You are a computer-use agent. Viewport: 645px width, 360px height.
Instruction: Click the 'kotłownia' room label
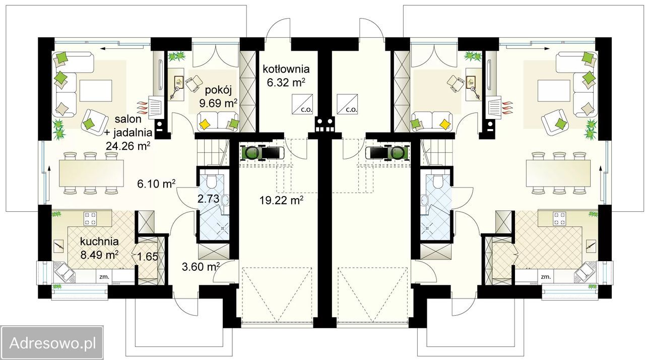[x=286, y=69]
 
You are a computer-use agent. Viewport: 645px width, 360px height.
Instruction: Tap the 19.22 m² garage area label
[x=281, y=200]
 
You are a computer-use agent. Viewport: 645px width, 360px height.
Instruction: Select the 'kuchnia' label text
[x=99, y=242]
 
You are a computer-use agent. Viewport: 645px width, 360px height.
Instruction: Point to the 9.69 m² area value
[x=219, y=103]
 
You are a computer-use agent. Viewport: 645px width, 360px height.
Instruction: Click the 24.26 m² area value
[x=128, y=146]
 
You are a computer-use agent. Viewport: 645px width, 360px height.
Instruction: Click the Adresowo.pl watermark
[x=52, y=343]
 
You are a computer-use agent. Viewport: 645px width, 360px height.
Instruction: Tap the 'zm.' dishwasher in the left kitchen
[x=104, y=277]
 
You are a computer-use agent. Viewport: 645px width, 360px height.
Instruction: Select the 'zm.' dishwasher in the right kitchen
[x=546, y=277]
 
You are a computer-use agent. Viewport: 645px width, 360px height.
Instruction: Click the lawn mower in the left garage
[x=262, y=153]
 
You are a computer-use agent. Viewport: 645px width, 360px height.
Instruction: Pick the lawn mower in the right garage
[x=388, y=153]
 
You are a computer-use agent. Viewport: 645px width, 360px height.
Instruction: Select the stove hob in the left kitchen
[x=90, y=218]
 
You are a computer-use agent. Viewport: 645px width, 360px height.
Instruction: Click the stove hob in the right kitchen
[x=560, y=218]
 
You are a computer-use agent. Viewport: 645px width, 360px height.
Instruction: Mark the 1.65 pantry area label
[x=148, y=256]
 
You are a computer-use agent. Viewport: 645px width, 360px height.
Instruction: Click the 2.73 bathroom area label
[x=208, y=199]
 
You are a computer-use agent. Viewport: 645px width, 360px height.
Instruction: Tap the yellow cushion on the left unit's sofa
[x=205, y=124]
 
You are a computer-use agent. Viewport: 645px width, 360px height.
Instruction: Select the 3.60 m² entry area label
[x=201, y=267]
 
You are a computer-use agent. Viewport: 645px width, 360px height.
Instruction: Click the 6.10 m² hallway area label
[x=156, y=184]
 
